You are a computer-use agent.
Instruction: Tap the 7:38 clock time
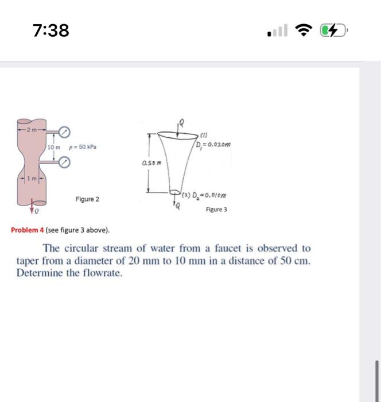51,30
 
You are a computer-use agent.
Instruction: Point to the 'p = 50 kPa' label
83,148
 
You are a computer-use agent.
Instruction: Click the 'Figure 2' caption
87,199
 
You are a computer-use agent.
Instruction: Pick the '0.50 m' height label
148,164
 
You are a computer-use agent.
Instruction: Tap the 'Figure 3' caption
216,210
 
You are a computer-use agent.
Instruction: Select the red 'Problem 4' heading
30,230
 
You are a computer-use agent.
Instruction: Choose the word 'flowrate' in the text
105,273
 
